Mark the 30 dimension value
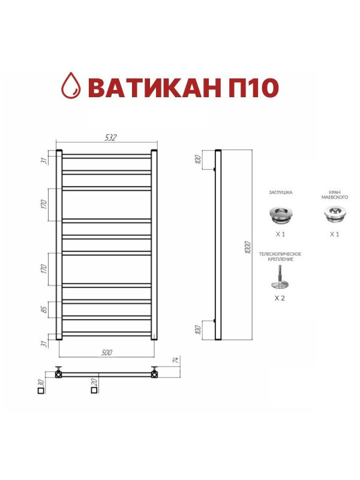tap(41, 382)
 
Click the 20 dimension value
tap(94, 382)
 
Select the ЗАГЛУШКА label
tap(280, 193)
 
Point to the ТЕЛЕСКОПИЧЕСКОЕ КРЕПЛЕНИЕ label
tap(280, 257)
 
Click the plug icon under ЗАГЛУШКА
tap(280, 213)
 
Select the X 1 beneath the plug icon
tap(280, 234)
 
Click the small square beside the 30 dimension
tap(41, 391)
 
